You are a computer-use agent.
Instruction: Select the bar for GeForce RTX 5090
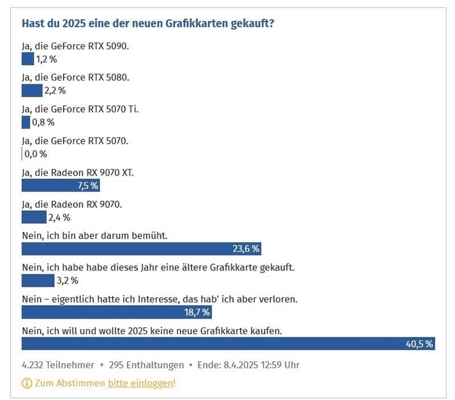tap(27, 59)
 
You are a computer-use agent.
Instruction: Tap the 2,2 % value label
tap(55, 90)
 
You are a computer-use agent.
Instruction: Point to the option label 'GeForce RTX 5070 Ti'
tap(80, 109)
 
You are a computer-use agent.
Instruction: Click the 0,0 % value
tap(36, 154)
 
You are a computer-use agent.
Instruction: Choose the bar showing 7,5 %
tap(60, 186)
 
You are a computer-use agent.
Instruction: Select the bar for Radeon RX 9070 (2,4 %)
tap(34, 217)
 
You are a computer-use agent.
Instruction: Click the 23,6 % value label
tap(246, 249)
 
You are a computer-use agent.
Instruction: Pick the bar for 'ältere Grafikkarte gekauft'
tap(38, 280)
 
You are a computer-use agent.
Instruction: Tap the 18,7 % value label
tap(197, 312)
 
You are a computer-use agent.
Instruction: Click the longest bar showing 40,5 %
tap(228, 344)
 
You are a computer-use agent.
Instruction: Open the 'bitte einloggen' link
tap(140, 384)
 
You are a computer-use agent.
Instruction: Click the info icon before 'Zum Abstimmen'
tap(27, 384)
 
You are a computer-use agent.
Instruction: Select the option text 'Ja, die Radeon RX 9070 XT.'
tap(78, 172)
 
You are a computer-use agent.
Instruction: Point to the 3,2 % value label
tap(68, 280)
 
